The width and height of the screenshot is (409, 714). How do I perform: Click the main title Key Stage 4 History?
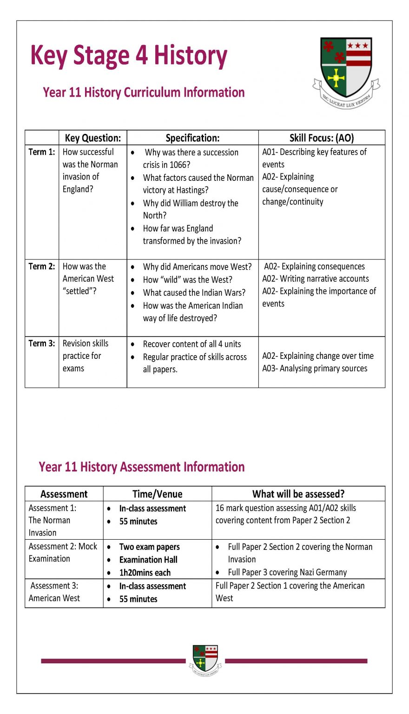click(x=129, y=56)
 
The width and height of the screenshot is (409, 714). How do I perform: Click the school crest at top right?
click(x=346, y=72)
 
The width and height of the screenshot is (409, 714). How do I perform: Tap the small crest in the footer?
click(x=205, y=660)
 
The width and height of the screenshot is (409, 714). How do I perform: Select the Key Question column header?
click(x=92, y=138)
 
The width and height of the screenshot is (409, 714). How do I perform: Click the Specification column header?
click(x=192, y=138)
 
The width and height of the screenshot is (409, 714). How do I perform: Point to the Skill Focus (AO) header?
click(x=321, y=138)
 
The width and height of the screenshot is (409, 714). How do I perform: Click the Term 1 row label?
click(x=41, y=152)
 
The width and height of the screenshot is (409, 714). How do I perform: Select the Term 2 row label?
click(x=41, y=266)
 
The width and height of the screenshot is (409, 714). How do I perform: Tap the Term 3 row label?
click(x=41, y=344)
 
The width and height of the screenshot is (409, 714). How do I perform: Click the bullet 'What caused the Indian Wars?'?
click(x=194, y=293)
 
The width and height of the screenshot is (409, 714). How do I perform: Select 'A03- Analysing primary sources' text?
click(x=315, y=369)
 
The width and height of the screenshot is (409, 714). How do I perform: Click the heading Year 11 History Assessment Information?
click(x=142, y=467)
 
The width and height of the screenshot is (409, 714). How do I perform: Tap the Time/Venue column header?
click(x=157, y=494)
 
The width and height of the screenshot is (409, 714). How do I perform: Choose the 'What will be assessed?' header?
click(x=298, y=494)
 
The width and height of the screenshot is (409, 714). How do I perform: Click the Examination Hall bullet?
click(x=148, y=560)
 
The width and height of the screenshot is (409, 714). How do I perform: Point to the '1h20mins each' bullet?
click(x=145, y=573)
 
